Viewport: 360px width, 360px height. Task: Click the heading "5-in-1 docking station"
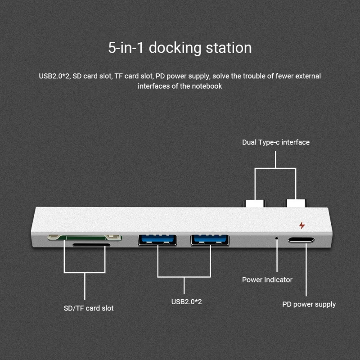click(x=180, y=48)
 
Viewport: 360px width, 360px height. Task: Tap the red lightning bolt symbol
click(x=301, y=225)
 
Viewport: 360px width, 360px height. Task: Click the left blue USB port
click(x=157, y=240)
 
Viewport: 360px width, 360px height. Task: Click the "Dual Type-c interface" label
click(x=276, y=142)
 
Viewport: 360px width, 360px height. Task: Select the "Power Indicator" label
click(x=267, y=280)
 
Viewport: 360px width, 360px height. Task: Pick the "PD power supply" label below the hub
click(x=309, y=304)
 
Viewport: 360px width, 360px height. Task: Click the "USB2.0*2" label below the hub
click(x=186, y=301)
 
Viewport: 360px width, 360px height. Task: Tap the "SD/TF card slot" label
click(x=89, y=308)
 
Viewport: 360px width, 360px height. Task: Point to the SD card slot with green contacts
click(x=85, y=237)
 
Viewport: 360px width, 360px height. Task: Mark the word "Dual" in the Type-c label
click(x=249, y=142)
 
